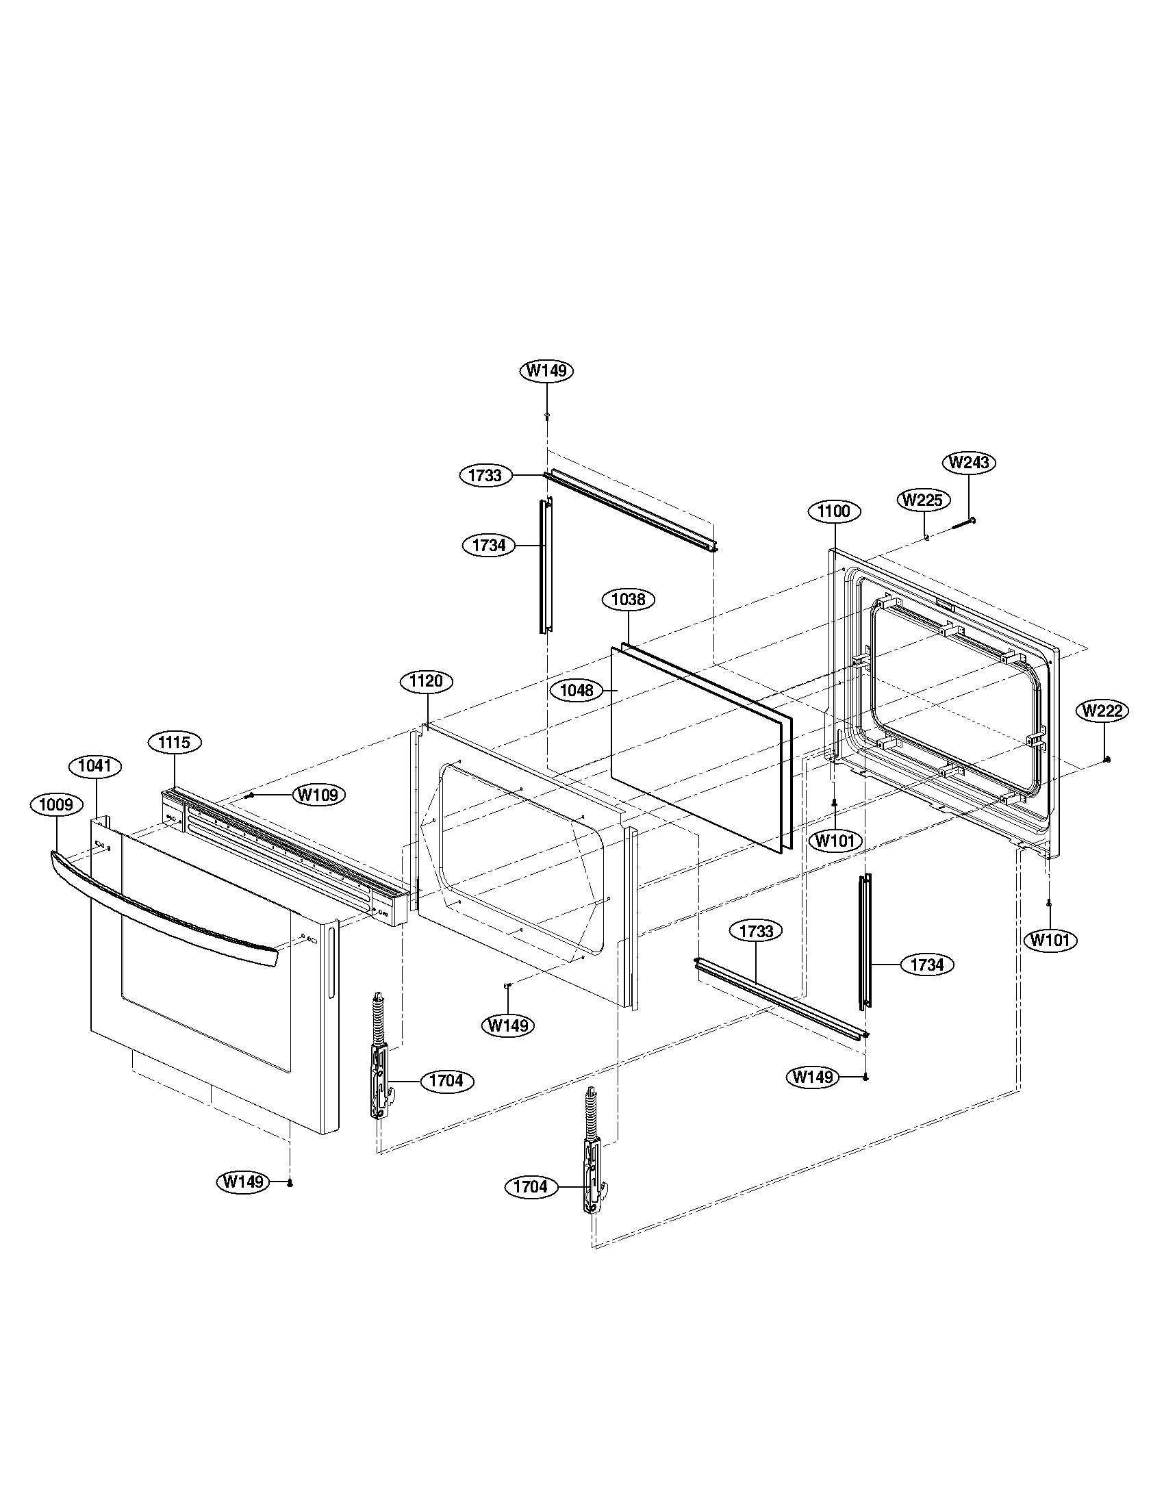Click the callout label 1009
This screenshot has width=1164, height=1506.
pos(56,805)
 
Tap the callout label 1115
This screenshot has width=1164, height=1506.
pos(175,742)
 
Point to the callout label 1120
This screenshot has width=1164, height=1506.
pos(426,682)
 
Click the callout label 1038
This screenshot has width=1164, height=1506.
pos(628,599)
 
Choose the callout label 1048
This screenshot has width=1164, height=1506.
pos(577,689)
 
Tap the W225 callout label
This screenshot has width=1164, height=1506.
pos(923,500)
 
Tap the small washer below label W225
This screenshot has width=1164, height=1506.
pos(926,537)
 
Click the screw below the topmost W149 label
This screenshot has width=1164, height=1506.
pos(547,416)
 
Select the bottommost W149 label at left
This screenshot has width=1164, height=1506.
pos(243,1182)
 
